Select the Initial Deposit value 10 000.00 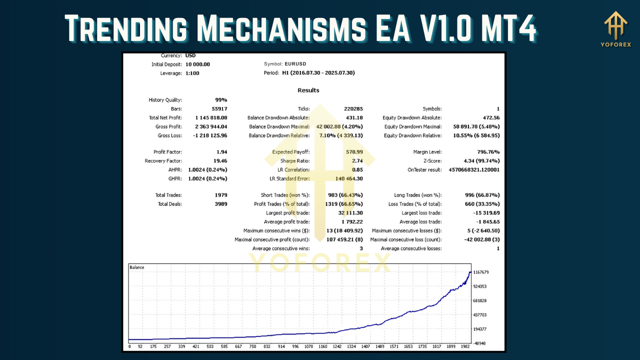click(x=197, y=64)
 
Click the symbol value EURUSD click(x=295, y=64)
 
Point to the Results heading click(x=308, y=90)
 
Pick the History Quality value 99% click(x=220, y=100)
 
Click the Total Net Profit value click(x=207, y=118)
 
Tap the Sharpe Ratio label click(x=295, y=161)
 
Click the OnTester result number click(x=474, y=170)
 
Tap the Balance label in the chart click(x=137, y=267)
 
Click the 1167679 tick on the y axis click(x=480, y=272)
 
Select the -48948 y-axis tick click(x=479, y=343)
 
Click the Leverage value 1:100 click(x=194, y=73)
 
